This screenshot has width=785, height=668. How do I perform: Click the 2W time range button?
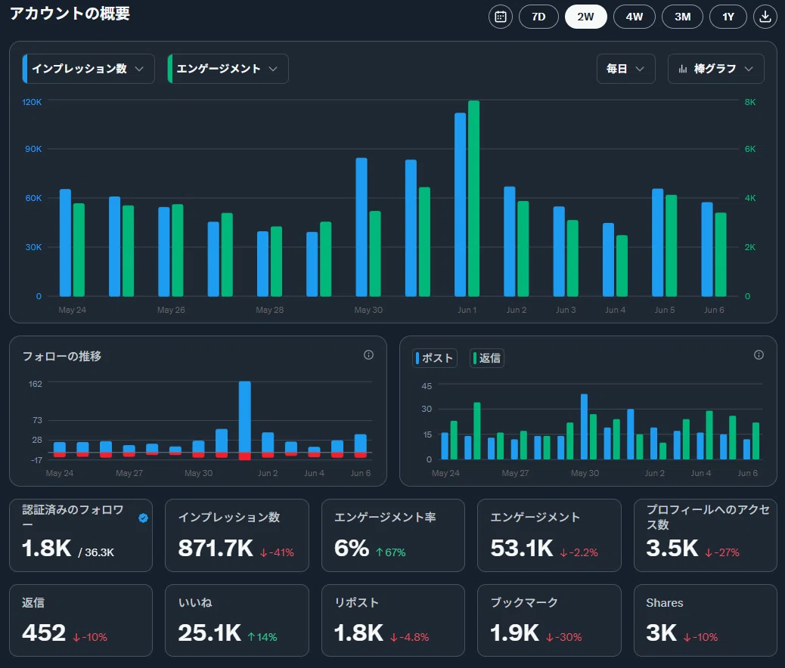(x=586, y=17)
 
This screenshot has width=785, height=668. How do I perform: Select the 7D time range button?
(x=538, y=17)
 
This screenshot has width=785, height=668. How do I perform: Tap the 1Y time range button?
(x=728, y=17)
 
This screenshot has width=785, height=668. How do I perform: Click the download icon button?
(x=765, y=17)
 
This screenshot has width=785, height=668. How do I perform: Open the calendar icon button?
(x=501, y=17)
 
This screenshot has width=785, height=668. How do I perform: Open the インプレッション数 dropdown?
(x=88, y=69)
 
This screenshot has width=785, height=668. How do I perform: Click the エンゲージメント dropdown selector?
(x=228, y=69)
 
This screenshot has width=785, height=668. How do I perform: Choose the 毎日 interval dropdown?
(x=625, y=69)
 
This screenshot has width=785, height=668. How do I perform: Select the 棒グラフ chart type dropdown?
(x=716, y=69)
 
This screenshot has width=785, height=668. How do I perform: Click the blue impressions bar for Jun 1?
(x=460, y=205)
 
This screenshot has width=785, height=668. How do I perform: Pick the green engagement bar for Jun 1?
(x=473, y=199)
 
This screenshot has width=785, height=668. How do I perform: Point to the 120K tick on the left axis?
(x=32, y=102)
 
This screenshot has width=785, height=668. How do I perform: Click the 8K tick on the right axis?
(x=750, y=102)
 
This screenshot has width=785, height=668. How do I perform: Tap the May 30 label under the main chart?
(x=368, y=310)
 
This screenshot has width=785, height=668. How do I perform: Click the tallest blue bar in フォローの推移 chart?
(x=245, y=417)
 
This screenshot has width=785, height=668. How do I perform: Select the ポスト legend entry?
(x=435, y=358)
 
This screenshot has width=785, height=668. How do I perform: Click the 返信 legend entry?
(x=486, y=358)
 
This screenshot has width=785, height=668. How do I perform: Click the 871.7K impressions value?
(x=216, y=548)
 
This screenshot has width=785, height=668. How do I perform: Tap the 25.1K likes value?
(x=209, y=633)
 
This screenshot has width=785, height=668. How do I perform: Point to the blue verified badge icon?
(x=143, y=518)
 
